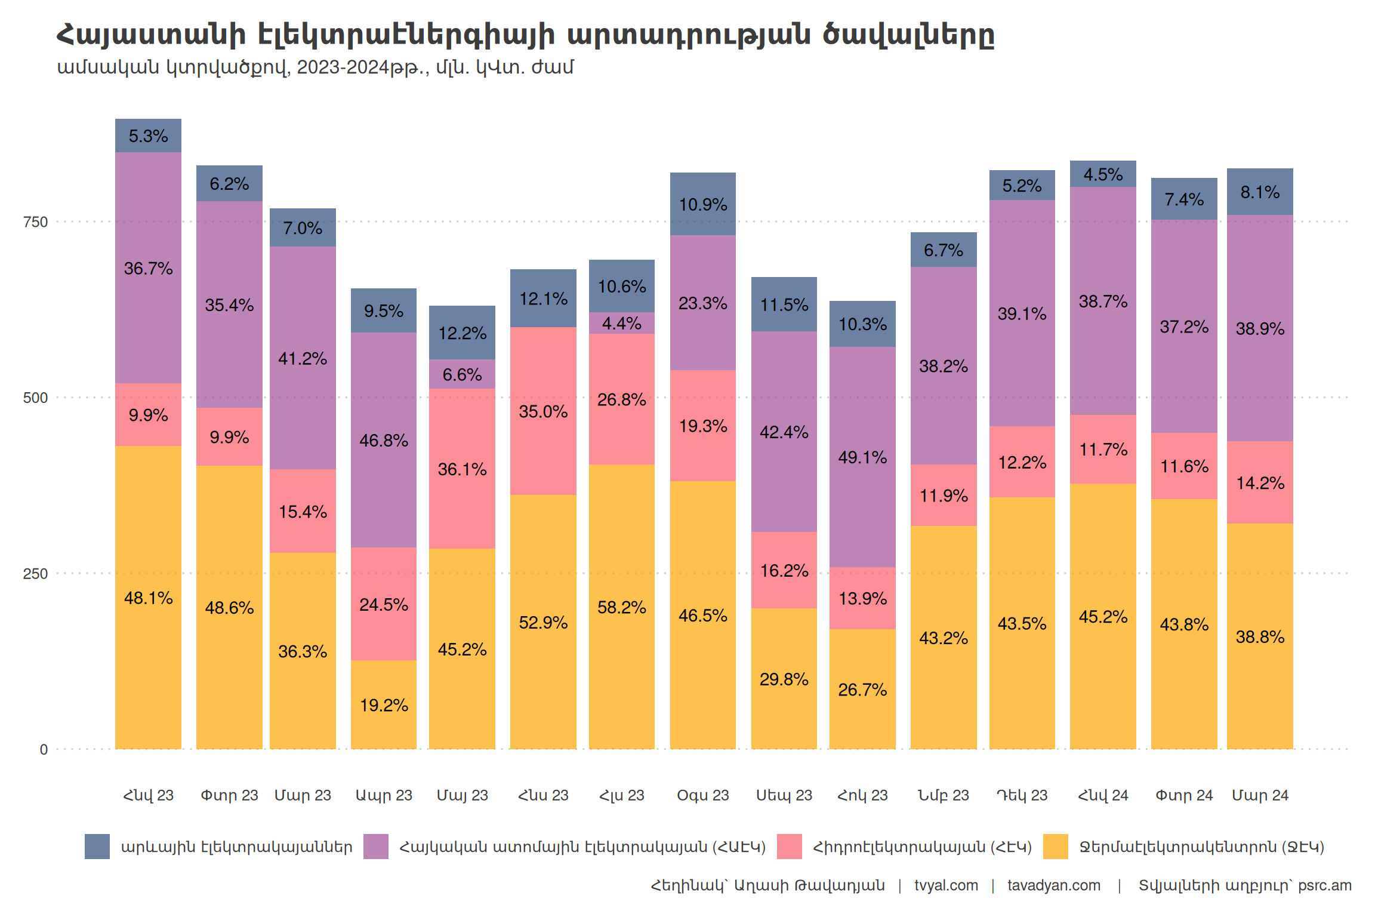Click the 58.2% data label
pos(621,607)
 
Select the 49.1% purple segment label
pos(862,457)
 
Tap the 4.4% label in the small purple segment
pos(621,323)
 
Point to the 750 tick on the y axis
pos(35,222)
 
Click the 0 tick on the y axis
pos(44,750)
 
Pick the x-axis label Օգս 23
pos(702,795)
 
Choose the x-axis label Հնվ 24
pos(1103,795)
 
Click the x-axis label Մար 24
pos(1260,795)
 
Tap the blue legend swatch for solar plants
pos(97,847)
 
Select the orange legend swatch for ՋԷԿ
pos(1055,847)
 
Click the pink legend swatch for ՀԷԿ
pos(789,847)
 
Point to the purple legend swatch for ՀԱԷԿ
pos(376,847)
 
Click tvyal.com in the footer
pos(946,885)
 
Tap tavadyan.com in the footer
pos(1054,885)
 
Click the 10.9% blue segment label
pos(702,205)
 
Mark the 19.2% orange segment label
pos(384,705)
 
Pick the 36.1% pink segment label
pos(462,469)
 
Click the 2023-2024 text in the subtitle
pos(343,67)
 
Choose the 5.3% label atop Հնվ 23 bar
pos(148,136)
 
